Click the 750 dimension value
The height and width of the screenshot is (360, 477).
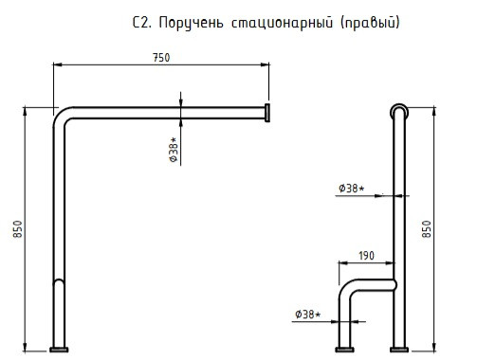pyautogui.click(x=161, y=58)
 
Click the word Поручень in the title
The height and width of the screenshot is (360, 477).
pyautogui.click(x=191, y=23)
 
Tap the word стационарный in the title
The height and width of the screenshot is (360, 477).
pyautogui.click(x=282, y=23)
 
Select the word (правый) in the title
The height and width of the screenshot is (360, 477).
pyautogui.click(x=370, y=23)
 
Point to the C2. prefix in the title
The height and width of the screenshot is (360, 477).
pyautogui.click(x=142, y=23)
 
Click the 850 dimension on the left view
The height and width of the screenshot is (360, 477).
pyautogui.click(x=18, y=229)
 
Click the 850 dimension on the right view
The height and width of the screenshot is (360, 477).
pyautogui.click(x=427, y=229)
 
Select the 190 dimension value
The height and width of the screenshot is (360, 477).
pyautogui.click(x=366, y=256)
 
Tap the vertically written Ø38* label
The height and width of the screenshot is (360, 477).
pyautogui.click(x=174, y=150)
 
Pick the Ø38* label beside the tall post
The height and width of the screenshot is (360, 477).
pyautogui.click(x=352, y=189)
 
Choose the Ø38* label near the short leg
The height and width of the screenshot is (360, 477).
pyautogui.click(x=308, y=315)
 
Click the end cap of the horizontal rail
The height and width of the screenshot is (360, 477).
pyautogui.click(x=267, y=113)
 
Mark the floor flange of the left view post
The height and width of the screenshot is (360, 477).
pyautogui.click(x=59, y=350)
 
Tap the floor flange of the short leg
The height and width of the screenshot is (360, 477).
pyautogui.click(x=344, y=350)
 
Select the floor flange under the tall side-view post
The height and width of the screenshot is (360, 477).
pyautogui.click(x=399, y=350)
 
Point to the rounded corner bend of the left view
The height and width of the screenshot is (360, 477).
pyautogui.click(x=61, y=115)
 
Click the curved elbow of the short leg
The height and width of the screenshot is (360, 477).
pyautogui.click(x=346, y=287)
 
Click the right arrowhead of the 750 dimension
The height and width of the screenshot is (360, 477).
pyautogui.click(x=265, y=64)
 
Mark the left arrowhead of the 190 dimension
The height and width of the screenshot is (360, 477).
pyautogui.click(x=343, y=262)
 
